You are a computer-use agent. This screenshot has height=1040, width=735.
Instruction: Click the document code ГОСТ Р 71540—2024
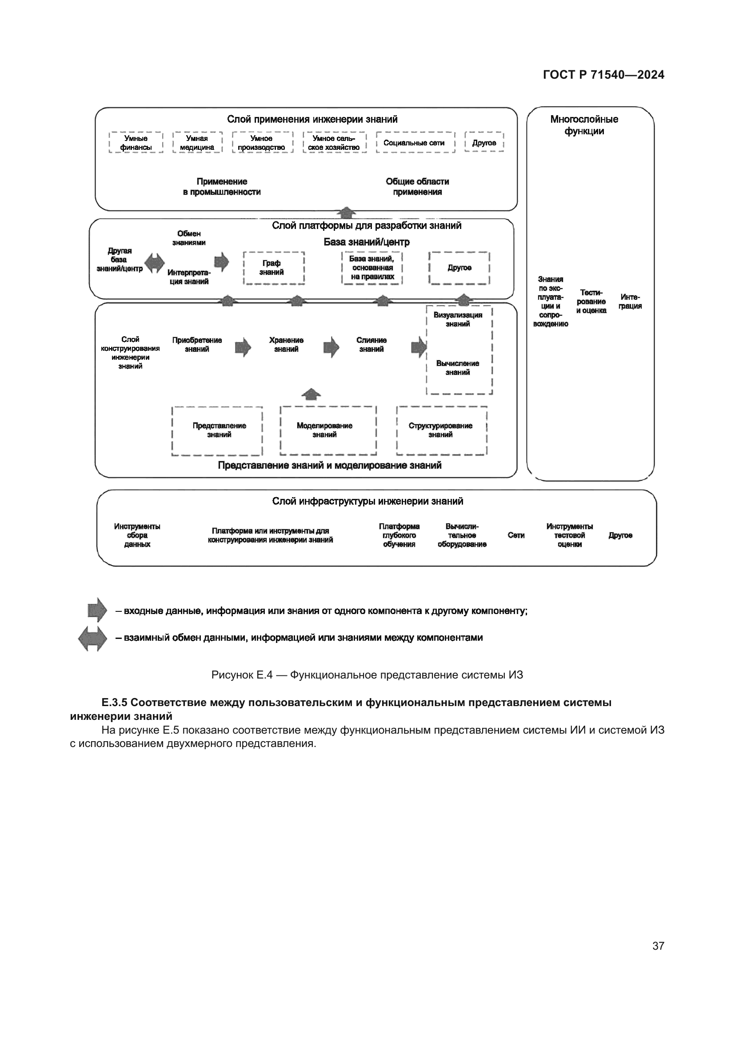[x=603, y=75]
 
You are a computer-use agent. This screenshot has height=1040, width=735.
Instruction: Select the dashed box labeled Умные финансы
[x=136, y=143]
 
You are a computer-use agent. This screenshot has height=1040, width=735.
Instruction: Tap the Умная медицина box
[x=197, y=143]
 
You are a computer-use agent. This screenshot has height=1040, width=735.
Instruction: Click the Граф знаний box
[x=273, y=268]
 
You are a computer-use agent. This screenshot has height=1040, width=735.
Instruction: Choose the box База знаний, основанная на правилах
[x=371, y=268]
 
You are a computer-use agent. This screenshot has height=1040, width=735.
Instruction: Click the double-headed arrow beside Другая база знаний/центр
[x=154, y=262]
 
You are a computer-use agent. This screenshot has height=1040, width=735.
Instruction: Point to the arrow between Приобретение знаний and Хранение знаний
[x=243, y=347]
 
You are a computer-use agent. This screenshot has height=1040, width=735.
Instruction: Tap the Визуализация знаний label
[x=458, y=319]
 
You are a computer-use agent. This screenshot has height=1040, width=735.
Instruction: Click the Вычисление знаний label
[x=458, y=368]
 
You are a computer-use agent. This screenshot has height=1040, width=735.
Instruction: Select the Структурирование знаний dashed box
[x=441, y=430]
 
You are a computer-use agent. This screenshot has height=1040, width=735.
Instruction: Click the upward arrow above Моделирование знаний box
[x=311, y=394]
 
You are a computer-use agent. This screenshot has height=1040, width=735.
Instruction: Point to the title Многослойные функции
[x=584, y=125]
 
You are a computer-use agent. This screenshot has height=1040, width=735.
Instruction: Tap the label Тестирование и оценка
[x=591, y=301]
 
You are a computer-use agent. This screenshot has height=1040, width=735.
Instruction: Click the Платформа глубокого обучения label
[x=399, y=535]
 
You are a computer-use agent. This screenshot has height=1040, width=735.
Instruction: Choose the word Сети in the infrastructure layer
[x=516, y=535]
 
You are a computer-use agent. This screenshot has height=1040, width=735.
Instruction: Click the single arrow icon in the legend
[x=97, y=610]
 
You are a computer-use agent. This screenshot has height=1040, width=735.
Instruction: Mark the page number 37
[x=658, y=946]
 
